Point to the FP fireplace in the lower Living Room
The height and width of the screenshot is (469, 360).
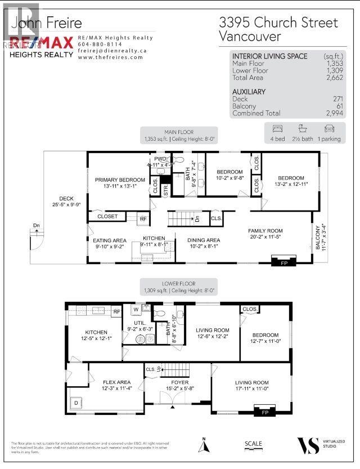(x=265, y=412)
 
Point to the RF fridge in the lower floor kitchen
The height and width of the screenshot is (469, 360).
(x=116, y=311)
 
